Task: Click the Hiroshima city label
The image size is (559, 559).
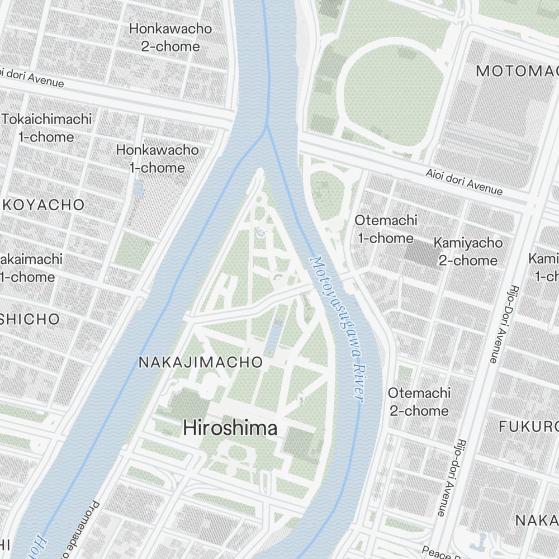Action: (x=230, y=428)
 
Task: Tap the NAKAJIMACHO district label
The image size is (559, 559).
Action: (x=200, y=362)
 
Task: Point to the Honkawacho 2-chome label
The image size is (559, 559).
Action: (x=170, y=37)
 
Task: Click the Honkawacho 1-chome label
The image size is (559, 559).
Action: (x=157, y=159)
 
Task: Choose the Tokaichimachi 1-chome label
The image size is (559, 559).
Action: (x=46, y=128)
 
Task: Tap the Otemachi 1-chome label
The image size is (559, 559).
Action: (x=386, y=229)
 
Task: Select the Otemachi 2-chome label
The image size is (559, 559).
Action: (x=419, y=402)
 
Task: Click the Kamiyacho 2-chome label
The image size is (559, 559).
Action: (x=468, y=252)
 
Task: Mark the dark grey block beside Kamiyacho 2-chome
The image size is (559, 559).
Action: (x=422, y=253)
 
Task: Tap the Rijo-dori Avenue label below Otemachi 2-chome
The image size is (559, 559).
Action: (x=451, y=476)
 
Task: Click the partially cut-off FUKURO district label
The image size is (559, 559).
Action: (x=528, y=427)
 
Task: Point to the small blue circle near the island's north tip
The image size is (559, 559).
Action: (x=260, y=232)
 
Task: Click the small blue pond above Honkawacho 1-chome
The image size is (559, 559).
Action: (x=138, y=188)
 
